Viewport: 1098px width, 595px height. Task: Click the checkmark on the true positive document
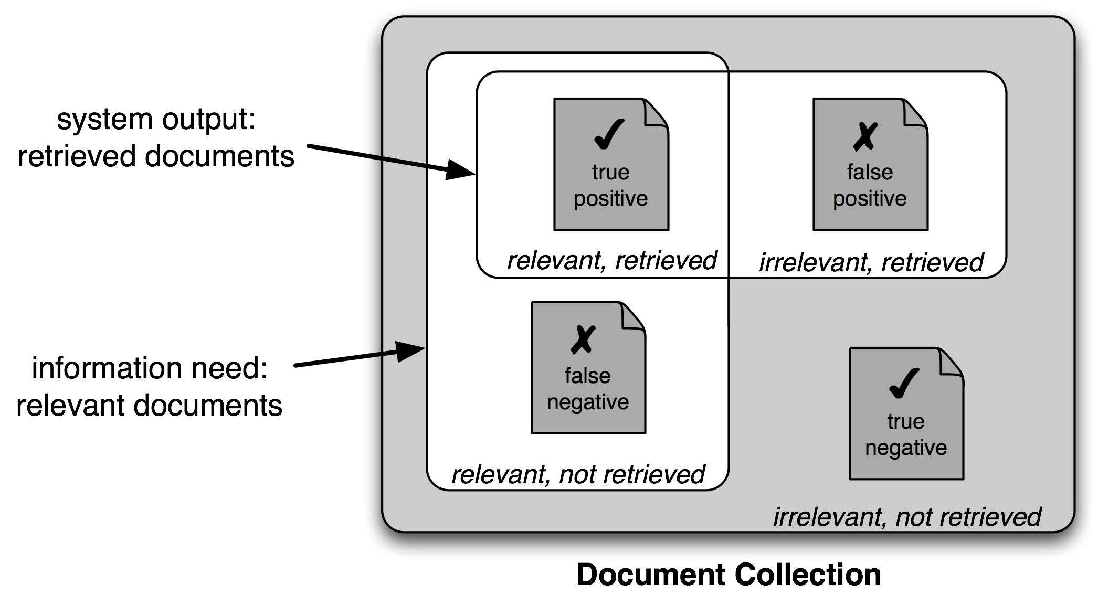609,134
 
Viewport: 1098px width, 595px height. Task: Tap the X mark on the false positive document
865,136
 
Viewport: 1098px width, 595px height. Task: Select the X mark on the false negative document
583,339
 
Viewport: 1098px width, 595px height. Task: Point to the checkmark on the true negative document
904,384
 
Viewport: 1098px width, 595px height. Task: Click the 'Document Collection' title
729,574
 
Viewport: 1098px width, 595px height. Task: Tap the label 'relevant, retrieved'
611,261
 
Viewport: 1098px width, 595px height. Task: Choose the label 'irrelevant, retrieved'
871,262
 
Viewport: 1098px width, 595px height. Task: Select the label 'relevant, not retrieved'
578,475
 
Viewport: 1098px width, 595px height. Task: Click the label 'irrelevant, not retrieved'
907,517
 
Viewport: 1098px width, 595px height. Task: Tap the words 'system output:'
156,120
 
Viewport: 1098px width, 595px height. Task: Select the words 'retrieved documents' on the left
156,156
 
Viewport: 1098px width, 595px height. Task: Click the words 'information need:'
150,368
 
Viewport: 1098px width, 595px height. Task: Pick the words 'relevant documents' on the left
150,406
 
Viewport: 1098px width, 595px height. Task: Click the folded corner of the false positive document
914,112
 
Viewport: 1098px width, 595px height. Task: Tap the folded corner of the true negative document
951,362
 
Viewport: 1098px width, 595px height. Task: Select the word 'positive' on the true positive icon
610,199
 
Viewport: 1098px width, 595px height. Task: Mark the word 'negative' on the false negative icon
588,402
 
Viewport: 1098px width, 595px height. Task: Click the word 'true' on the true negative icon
905,421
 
